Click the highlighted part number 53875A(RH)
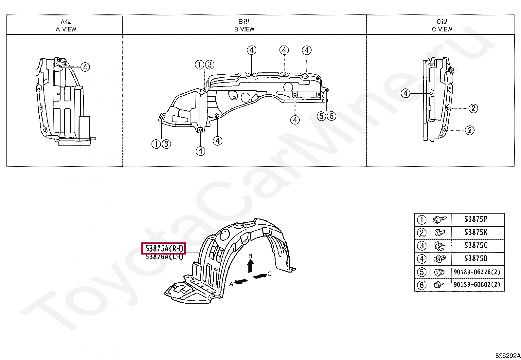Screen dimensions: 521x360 click(x=163, y=249)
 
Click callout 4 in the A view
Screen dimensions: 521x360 click(x=85, y=67)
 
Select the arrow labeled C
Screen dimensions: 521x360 click(x=260, y=276)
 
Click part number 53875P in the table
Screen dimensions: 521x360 click(x=476, y=219)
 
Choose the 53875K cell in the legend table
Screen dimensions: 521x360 click(x=476, y=233)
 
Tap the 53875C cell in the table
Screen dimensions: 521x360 click(x=476, y=246)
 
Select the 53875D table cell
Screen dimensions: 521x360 click(x=476, y=259)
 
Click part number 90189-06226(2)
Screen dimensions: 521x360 click(x=477, y=272)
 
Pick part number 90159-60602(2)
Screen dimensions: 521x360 click(x=477, y=285)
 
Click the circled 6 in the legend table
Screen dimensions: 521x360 click(x=422, y=285)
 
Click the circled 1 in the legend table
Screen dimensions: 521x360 click(x=422, y=220)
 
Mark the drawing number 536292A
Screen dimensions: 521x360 click(x=507, y=356)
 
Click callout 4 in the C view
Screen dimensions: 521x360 click(x=405, y=94)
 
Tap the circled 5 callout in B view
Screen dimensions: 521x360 click(x=322, y=116)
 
